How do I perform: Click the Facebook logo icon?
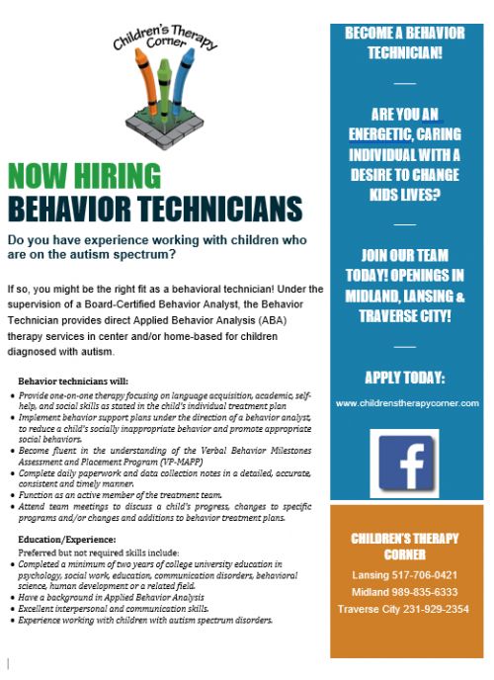point(404,464)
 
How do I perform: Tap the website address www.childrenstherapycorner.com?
point(406,403)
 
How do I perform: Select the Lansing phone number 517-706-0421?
point(405,574)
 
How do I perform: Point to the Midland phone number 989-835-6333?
point(405,593)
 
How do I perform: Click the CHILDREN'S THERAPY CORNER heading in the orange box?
point(405,546)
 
